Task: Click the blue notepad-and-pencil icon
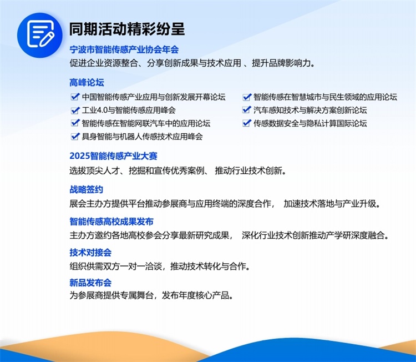click(40, 35)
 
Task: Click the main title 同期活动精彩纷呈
click(127, 29)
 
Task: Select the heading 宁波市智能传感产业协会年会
click(124, 49)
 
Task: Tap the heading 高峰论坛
click(87, 83)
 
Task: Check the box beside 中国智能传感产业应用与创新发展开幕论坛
click(75, 97)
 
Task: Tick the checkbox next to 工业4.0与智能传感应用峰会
click(75, 110)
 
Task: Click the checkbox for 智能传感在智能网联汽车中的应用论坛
click(75, 123)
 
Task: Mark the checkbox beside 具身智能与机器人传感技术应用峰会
click(75, 136)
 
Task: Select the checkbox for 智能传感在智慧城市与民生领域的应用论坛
click(247, 97)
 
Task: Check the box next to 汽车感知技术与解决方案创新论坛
click(247, 110)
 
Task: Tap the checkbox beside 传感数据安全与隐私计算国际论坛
click(247, 123)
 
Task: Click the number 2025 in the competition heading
click(79, 156)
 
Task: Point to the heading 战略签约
click(86, 190)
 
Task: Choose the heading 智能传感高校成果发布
click(111, 222)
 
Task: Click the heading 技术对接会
click(90, 252)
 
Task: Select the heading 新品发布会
click(90, 283)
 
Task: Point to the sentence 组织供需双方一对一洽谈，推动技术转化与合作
click(160, 266)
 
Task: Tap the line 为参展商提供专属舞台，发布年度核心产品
click(151, 295)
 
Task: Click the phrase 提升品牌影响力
click(283, 63)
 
